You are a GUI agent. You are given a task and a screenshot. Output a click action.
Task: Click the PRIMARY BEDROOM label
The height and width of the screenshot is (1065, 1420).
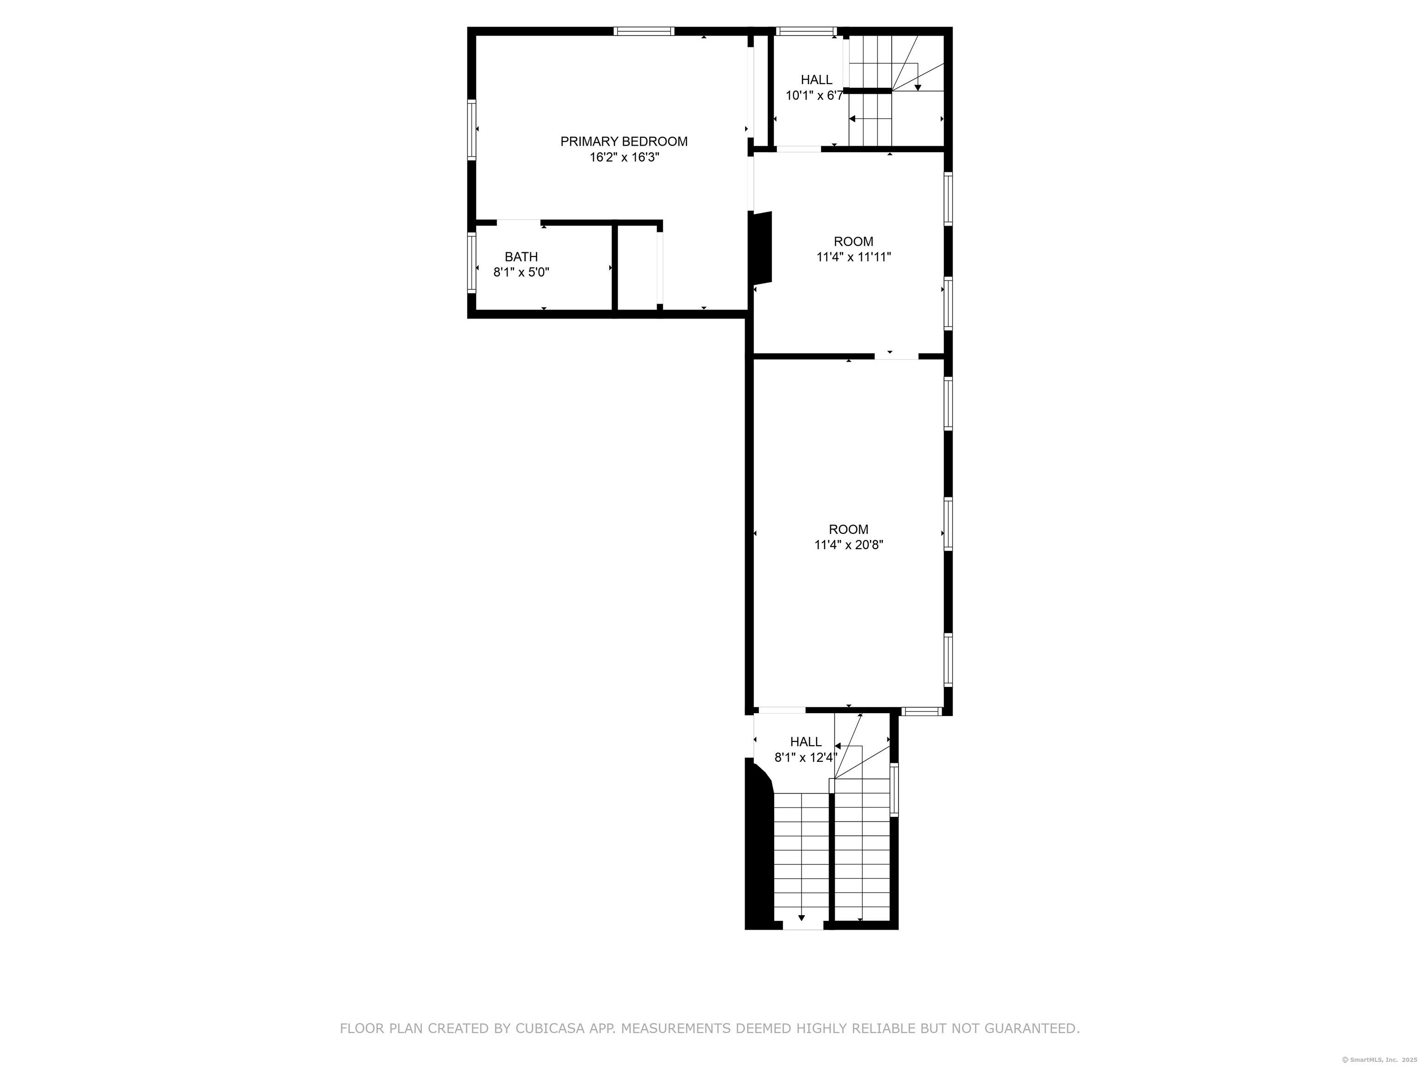(624, 141)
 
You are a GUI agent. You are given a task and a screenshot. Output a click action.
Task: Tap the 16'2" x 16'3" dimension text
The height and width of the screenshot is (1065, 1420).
(624, 157)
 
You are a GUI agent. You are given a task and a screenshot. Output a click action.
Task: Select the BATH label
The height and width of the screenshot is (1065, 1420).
(521, 257)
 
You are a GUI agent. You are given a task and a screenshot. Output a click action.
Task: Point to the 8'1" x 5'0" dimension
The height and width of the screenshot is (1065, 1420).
(521, 272)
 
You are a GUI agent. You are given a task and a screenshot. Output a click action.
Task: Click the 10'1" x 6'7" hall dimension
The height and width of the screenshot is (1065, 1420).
(814, 96)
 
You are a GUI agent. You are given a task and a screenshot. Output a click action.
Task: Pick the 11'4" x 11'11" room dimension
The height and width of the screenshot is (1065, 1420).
(854, 257)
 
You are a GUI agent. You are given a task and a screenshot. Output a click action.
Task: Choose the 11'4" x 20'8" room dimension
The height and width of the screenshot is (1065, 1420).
(849, 545)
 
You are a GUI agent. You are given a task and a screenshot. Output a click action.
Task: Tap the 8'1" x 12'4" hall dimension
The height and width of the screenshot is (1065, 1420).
(806, 758)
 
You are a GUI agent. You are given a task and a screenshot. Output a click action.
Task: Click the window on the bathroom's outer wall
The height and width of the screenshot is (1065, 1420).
(472, 263)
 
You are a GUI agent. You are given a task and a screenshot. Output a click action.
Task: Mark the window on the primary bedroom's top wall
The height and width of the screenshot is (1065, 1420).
(643, 31)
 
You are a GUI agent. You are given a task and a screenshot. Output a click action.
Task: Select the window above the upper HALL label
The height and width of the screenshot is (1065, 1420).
(806, 31)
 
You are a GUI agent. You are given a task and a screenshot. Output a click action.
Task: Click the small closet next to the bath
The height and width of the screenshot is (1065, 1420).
(637, 269)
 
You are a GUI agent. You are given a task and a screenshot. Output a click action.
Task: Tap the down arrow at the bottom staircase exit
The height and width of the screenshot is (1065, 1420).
(801, 918)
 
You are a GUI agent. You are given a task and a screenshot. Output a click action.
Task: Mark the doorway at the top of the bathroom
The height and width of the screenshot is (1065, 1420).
(519, 223)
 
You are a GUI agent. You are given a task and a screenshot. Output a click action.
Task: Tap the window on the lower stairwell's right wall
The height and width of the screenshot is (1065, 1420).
(894, 790)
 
